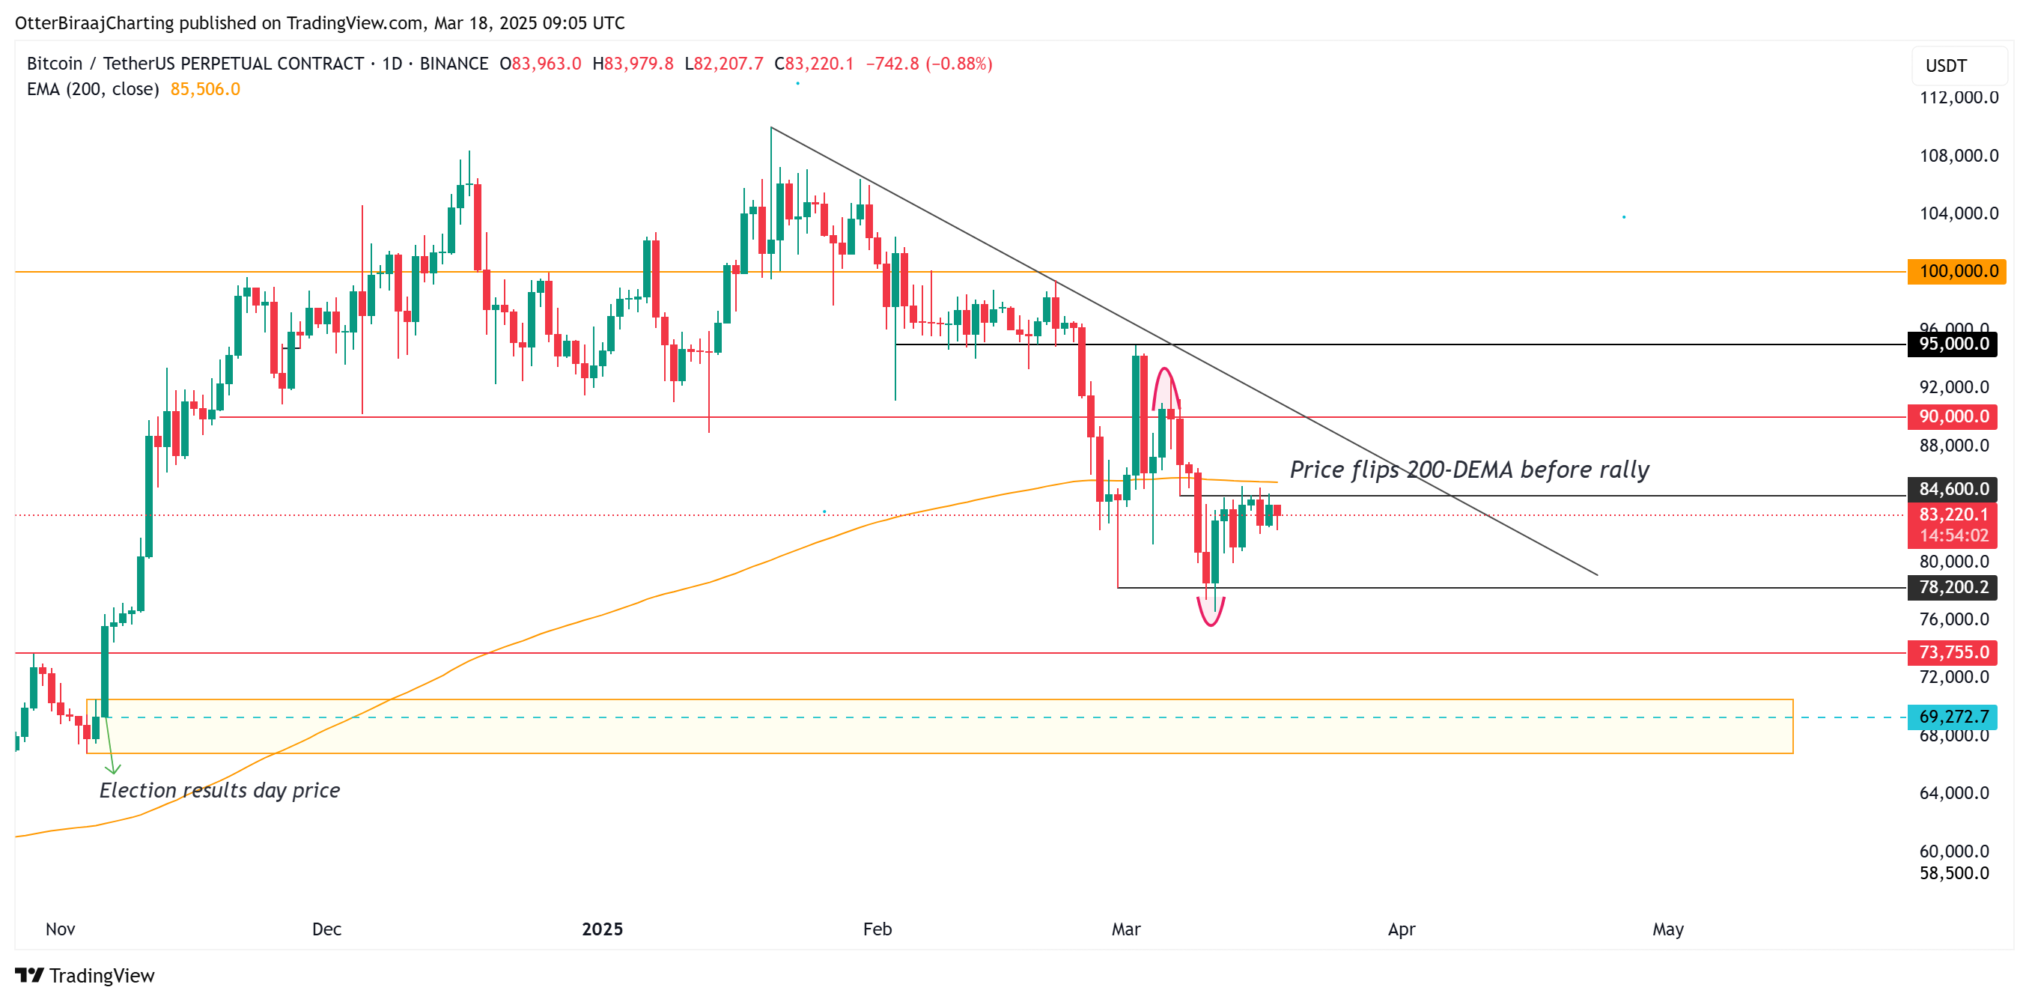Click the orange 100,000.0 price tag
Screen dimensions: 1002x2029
(1956, 272)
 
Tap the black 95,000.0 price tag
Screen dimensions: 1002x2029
(1953, 344)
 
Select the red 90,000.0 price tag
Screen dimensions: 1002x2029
(1953, 416)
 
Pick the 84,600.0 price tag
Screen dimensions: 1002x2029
(1953, 489)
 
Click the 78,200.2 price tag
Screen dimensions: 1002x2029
(1953, 588)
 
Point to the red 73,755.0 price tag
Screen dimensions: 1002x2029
(1953, 653)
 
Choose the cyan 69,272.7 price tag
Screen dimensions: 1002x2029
(1953, 717)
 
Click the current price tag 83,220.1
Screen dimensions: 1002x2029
(1953, 515)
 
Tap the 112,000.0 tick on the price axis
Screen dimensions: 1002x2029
(1958, 97)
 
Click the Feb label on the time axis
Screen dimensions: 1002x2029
(877, 929)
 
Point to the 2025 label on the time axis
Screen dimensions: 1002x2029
(602, 929)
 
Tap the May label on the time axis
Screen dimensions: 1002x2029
(1667, 929)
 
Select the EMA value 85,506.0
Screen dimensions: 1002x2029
(205, 89)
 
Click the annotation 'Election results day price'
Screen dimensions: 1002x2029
(220, 790)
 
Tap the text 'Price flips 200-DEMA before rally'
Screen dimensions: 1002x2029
(1469, 470)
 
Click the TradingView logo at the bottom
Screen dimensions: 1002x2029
(85, 976)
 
